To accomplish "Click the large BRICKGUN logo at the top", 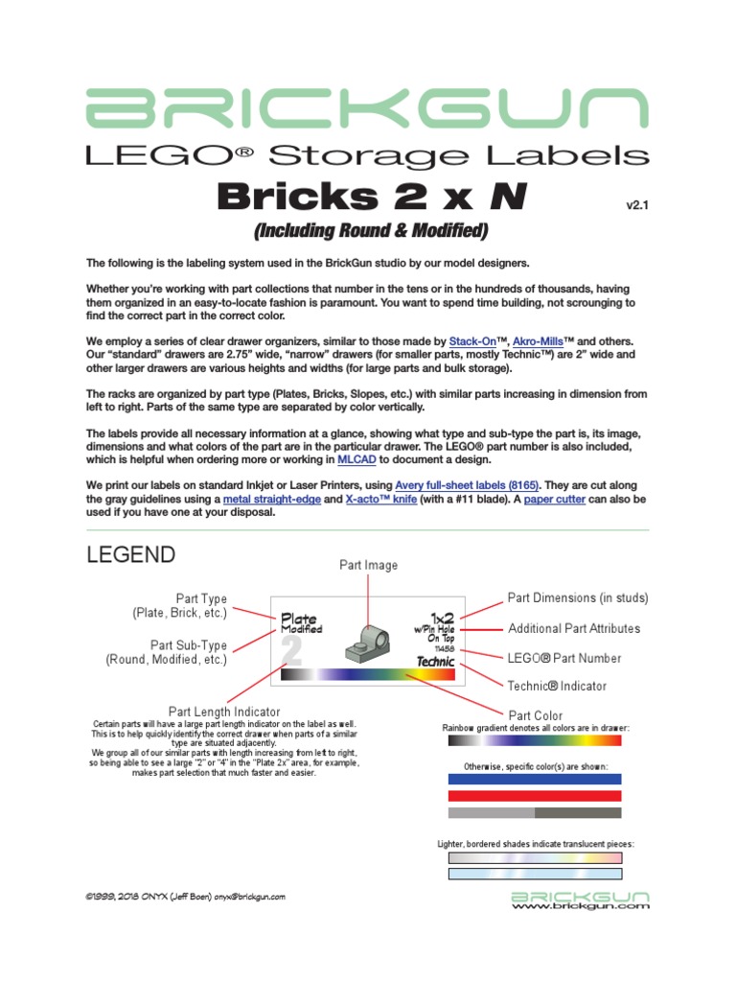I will tap(367, 108).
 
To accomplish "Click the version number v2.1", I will tap(637, 204).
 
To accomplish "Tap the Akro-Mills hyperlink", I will tap(540, 340).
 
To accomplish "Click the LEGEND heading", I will tap(131, 554).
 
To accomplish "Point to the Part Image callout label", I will tap(368, 565).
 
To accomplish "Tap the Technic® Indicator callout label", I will tap(557, 686).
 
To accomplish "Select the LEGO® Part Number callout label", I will tap(564, 658).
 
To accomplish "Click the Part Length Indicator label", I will tap(224, 712).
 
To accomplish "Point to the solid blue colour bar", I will tap(535, 779).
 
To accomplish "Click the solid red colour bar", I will tap(535, 796).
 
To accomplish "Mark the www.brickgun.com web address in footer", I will tap(582, 905).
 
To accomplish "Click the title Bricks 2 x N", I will tap(372, 198).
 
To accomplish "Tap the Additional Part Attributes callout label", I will tap(574, 628).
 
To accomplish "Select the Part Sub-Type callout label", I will tap(167, 652).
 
